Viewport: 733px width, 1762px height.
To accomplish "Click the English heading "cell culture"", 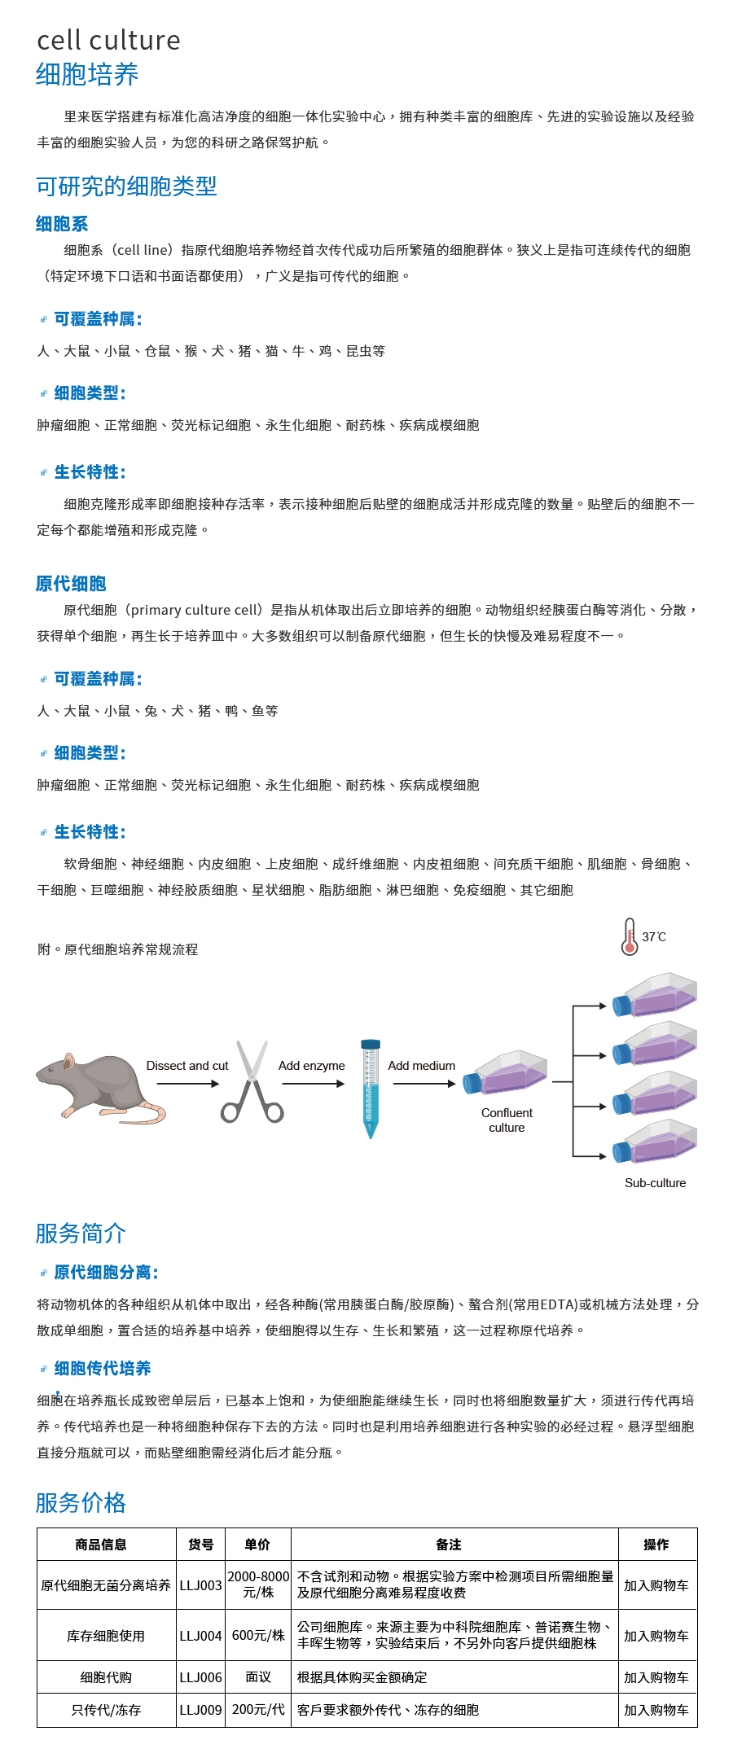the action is click(108, 40).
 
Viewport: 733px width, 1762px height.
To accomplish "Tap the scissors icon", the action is click(252, 1081).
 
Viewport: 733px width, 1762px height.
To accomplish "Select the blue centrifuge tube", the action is click(371, 1089).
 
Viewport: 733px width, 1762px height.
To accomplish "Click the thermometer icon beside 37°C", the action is click(629, 936).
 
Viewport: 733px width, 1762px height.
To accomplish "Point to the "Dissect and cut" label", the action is click(187, 1066).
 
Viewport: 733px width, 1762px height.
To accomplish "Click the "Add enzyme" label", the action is click(312, 1066).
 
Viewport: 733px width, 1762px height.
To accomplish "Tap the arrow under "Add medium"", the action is click(423, 1084).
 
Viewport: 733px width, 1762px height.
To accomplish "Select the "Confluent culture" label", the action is click(507, 1120).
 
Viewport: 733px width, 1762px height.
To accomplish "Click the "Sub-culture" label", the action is click(656, 1183).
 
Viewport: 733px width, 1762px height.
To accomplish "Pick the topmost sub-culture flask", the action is click(655, 994).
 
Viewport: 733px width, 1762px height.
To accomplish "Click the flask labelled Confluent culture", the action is click(505, 1072).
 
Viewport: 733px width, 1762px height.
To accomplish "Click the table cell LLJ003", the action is click(200, 1585).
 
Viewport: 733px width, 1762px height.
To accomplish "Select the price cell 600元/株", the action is click(258, 1635).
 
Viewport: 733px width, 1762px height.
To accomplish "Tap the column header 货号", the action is click(200, 1545).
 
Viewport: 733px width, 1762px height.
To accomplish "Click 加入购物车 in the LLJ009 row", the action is click(656, 1710).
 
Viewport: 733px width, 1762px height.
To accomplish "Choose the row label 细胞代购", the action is click(106, 1677).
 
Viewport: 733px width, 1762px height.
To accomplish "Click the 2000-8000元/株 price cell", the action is click(258, 1584).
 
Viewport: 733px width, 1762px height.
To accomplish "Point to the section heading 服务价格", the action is click(81, 1502).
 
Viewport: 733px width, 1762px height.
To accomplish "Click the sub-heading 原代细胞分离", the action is click(106, 1273).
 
